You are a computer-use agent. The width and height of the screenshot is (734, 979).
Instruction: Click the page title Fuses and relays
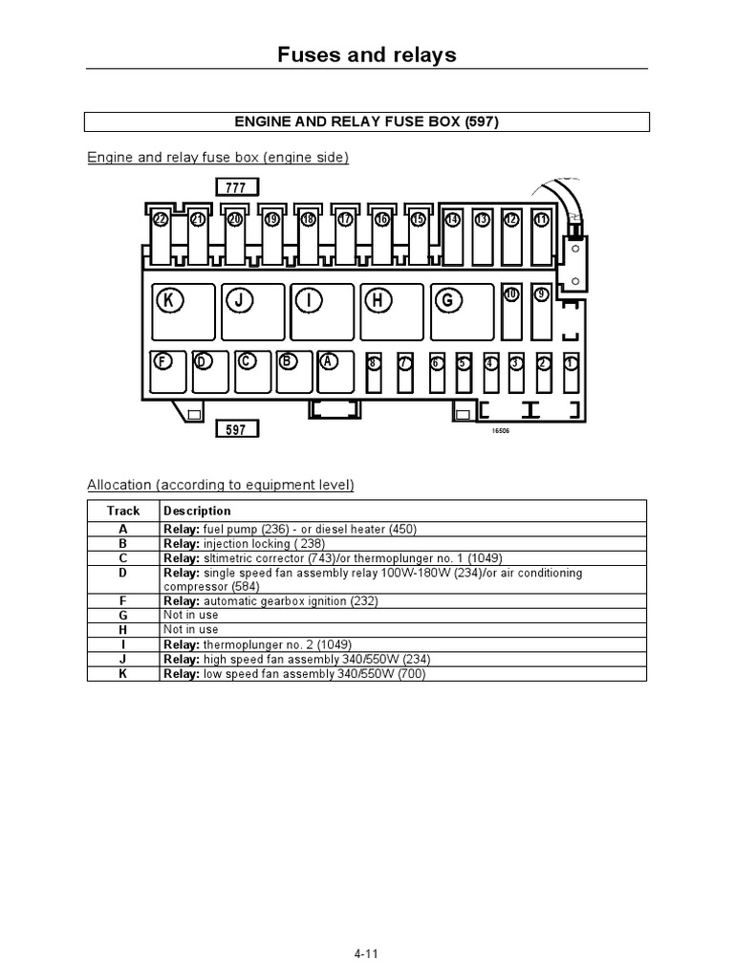(367, 54)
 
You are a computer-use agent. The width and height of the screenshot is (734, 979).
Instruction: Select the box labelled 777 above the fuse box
(235, 187)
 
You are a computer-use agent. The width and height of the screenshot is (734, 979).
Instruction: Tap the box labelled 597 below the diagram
(235, 429)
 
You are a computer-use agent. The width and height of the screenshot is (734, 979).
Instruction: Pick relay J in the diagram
(252, 311)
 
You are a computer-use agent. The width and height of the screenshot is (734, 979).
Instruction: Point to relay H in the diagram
(392, 311)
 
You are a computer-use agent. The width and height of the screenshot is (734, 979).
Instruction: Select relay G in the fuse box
(462, 311)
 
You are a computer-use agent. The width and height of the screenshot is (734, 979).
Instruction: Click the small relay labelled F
(168, 372)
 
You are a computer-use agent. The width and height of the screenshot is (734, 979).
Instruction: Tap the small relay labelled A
(335, 372)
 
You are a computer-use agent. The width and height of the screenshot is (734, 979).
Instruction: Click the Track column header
(123, 511)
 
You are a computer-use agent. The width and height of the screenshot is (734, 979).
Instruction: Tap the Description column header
(197, 511)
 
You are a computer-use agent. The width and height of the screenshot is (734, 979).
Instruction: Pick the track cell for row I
(123, 644)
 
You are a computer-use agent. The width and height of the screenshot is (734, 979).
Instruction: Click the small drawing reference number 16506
(501, 431)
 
